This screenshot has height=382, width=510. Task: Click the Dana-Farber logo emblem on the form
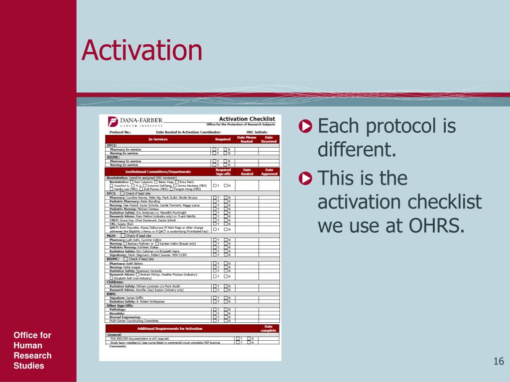click(x=113, y=122)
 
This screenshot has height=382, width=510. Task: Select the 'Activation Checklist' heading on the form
click(x=247, y=118)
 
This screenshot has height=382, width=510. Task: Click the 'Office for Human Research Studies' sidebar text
click(x=32, y=351)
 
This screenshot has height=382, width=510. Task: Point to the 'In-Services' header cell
click(x=158, y=139)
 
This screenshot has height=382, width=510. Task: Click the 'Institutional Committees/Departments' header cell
click(x=158, y=172)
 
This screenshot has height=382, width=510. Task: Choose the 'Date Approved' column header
click(x=269, y=172)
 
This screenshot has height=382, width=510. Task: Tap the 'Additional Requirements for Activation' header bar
click(x=170, y=329)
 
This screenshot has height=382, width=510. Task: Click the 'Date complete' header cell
click(x=268, y=328)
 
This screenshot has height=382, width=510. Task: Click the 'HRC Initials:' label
click(x=257, y=132)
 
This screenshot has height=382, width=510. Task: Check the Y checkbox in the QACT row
click(x=215, y=229)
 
